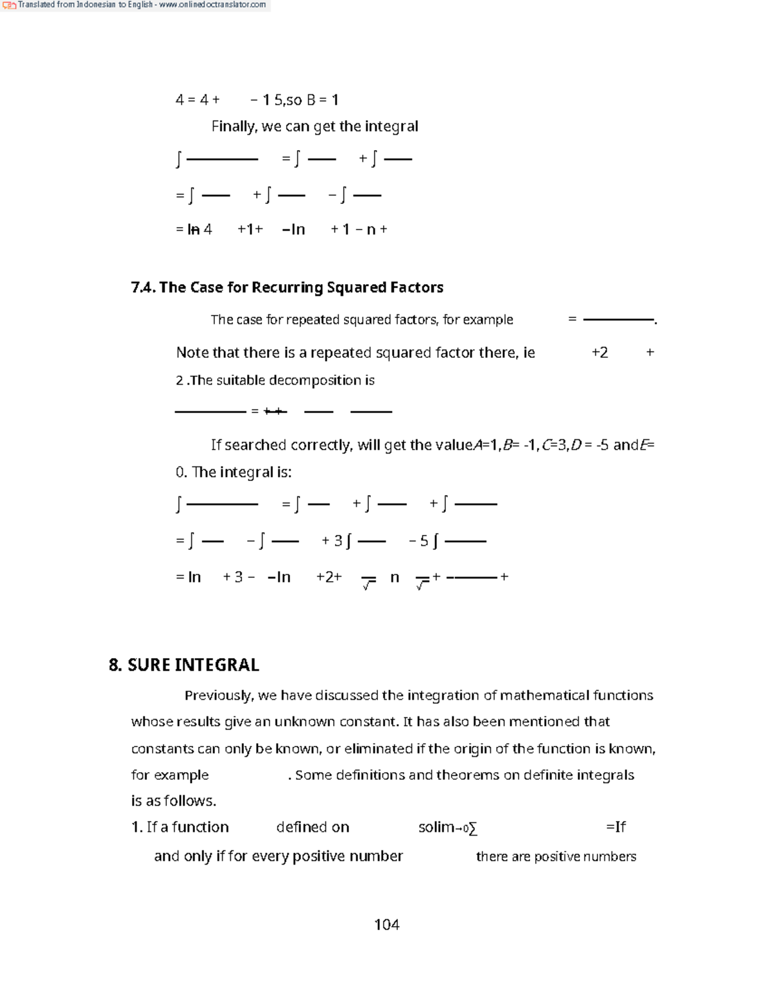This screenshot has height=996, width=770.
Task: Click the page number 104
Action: click(x=386, y=924)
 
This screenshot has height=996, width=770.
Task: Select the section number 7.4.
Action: click(x=142, y=287)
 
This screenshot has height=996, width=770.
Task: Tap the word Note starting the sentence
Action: click(x=191, y=353)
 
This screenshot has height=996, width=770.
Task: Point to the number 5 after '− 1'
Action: click(x=278, y=100)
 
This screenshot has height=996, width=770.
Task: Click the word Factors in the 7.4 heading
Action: click(x=416, y=287)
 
